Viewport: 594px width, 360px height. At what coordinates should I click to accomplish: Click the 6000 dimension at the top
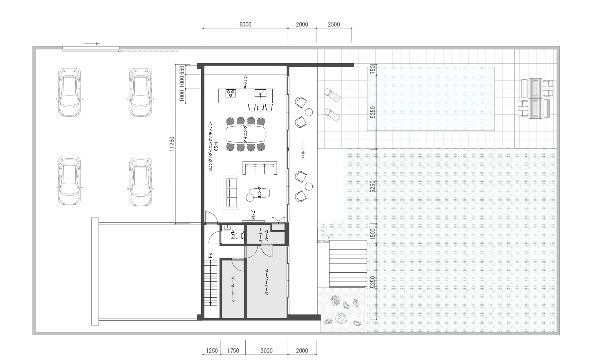click(x=245, y=24)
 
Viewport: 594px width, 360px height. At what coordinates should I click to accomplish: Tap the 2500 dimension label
click(x=334, y=24)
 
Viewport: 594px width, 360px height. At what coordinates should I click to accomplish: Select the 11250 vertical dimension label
click(x=172, y=144)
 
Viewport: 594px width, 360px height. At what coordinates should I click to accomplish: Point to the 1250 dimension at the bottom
click(x=212, y=351)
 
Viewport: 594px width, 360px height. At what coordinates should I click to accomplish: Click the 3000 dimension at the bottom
click(x=266, y=351)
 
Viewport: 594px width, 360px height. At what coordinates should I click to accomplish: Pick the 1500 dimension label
click(x=373, y=234)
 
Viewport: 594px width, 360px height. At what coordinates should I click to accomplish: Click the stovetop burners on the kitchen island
click(x=231, y=93)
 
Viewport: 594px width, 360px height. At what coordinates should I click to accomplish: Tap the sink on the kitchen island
click(x=260, y=93)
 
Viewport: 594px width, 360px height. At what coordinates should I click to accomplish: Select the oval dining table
click(x=245, y=134)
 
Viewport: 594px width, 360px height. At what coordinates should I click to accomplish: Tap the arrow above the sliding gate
click(x=92, y=44)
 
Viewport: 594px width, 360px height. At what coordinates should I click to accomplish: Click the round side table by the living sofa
click(x=249, y=198)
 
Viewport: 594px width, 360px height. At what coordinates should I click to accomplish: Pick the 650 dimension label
click(x=182, y=70)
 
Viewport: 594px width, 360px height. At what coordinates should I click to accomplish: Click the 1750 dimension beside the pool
click(x=373, y=70)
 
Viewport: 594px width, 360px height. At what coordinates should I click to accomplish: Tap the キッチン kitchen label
click(x=245, y=82)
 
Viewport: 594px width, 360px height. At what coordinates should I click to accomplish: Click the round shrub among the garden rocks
click(x=341, y=318)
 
